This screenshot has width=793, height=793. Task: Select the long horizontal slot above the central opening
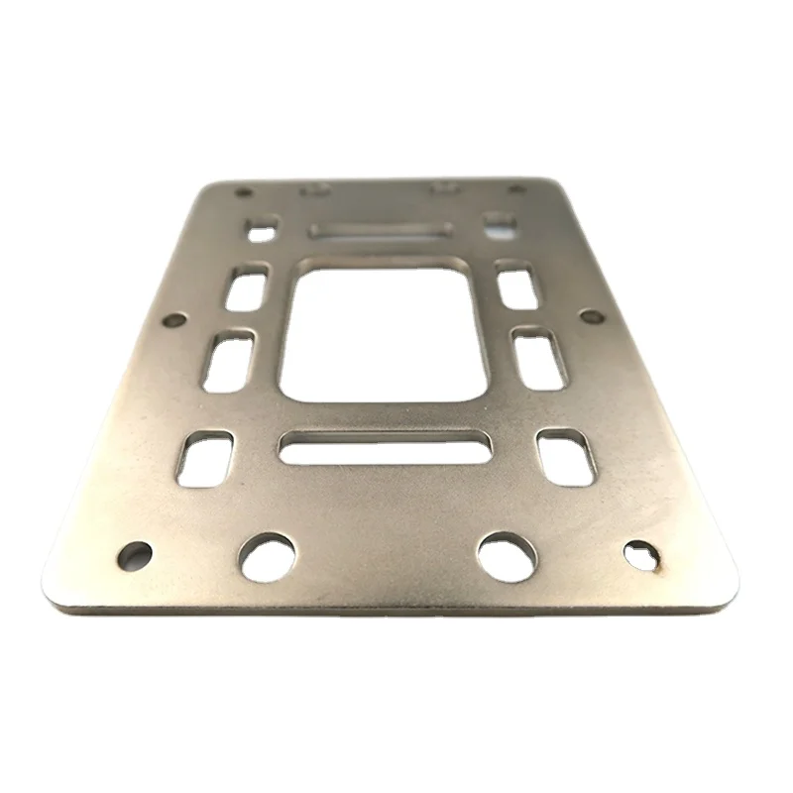(381, 231)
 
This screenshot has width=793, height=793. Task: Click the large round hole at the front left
(268, 557)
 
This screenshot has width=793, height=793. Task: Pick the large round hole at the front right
(507, 556)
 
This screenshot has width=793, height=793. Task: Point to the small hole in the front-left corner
(135, 555)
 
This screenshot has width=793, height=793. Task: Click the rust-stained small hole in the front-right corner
(641, 556)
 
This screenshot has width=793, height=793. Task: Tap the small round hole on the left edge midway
(173, 320)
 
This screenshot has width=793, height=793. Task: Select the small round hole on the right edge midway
(590, 317)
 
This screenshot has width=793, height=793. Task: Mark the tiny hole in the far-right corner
(516, 189)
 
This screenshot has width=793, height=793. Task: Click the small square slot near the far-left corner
(262, 232)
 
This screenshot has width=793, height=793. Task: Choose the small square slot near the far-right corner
(500, 224)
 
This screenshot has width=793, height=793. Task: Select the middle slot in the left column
(228, 361)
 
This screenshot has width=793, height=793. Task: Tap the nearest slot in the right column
(565, 457)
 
